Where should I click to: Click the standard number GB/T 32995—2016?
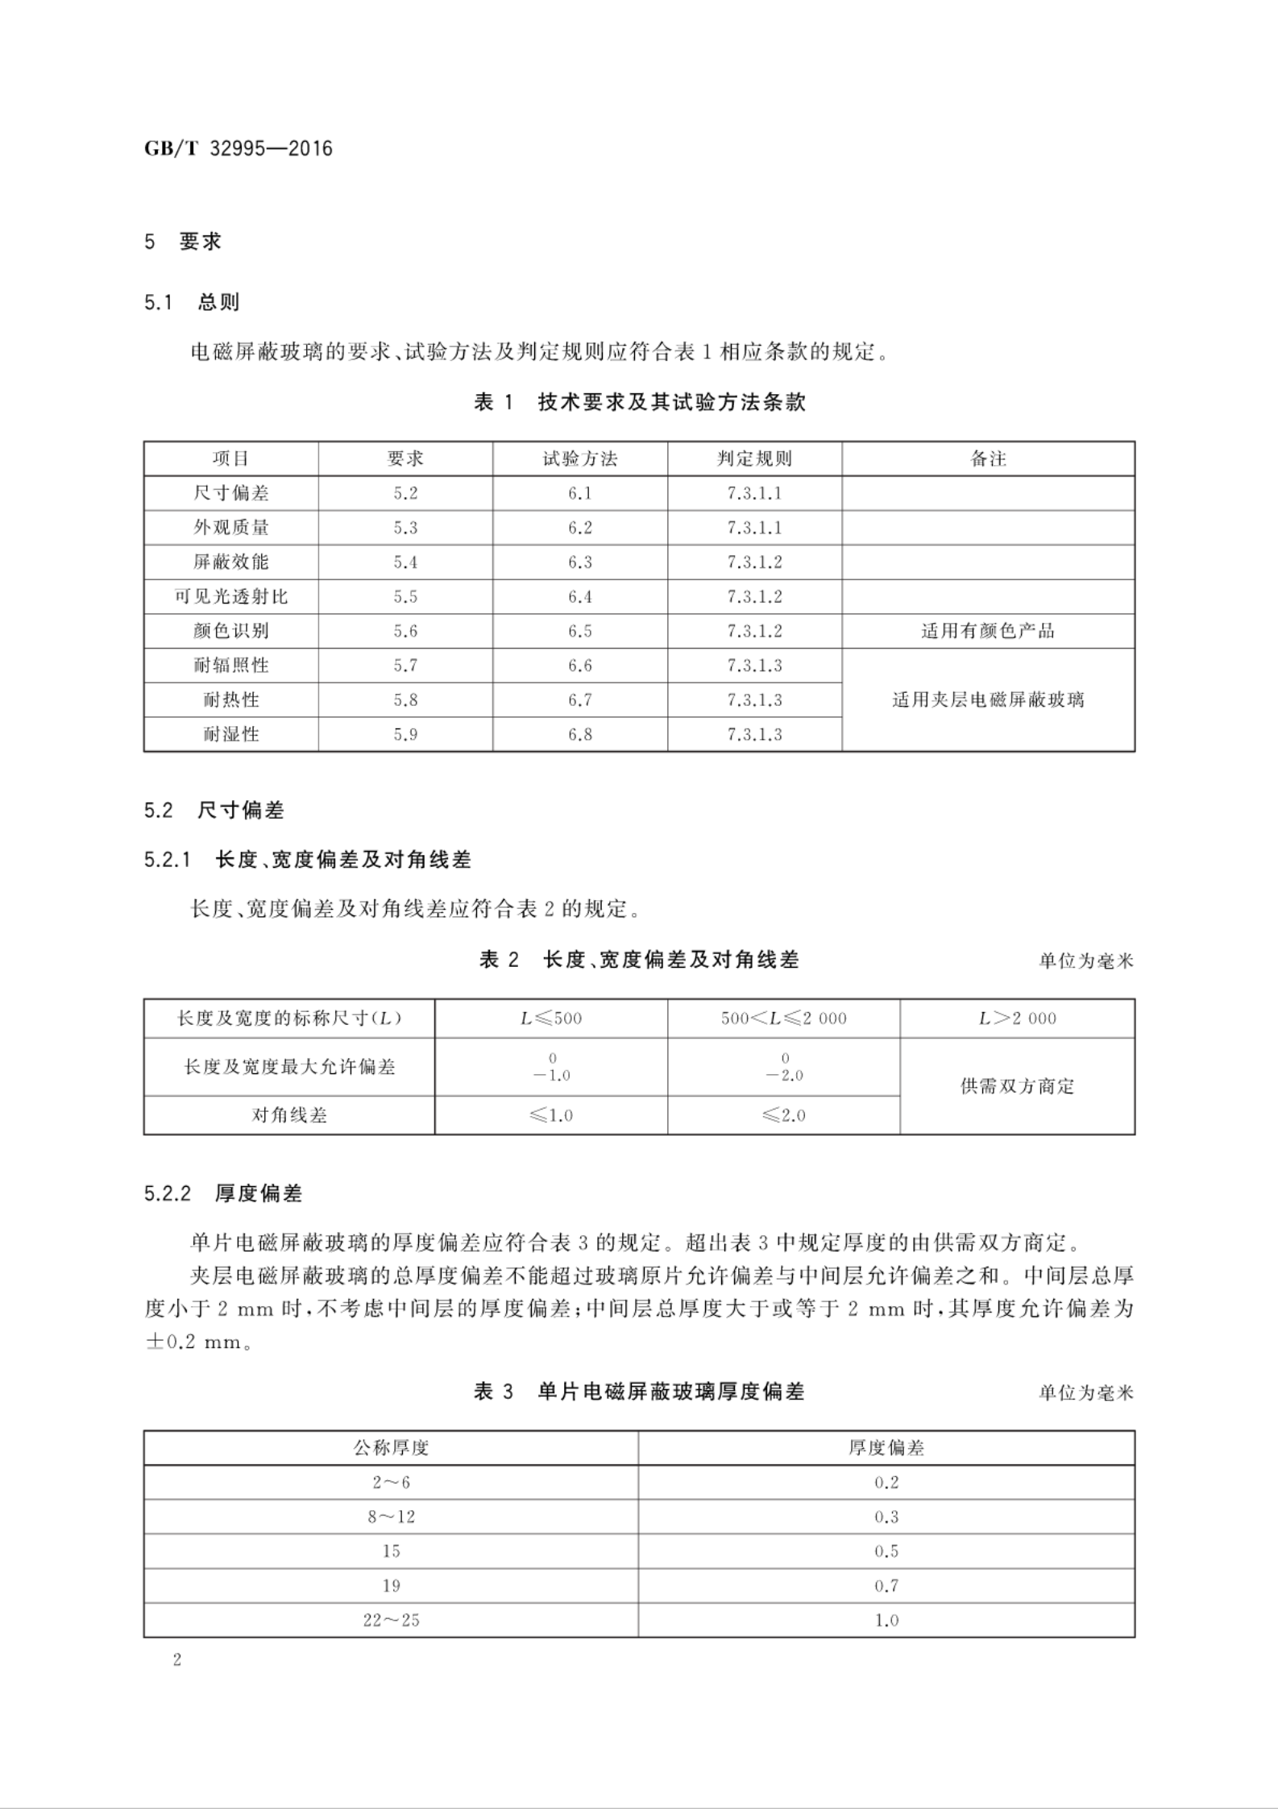click(239, 149)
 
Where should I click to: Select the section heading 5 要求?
click(183, 242)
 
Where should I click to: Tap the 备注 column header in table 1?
click(988, 458)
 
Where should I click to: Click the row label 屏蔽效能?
click(230, 562)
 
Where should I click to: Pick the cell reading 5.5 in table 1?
click(405, 596)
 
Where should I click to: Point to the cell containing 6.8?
click(579, 734)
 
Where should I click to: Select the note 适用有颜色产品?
click(988, 631)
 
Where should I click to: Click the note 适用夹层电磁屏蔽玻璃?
click(988, 699)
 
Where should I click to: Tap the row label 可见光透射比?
click(230, 596)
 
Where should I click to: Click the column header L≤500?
click(551, 1019)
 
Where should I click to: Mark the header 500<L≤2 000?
click(783, 1019)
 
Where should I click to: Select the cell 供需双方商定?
click(1017, 1086)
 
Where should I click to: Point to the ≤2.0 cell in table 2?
click(783, 1115)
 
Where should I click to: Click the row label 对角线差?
click(289, 1115)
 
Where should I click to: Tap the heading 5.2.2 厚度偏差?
click(223, 1193)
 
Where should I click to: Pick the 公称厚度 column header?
click(391, 1448)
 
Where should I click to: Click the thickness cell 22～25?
click(391, 1620)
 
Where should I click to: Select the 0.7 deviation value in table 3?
click(886, 1586)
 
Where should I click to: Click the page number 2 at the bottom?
click(177, 1660)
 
